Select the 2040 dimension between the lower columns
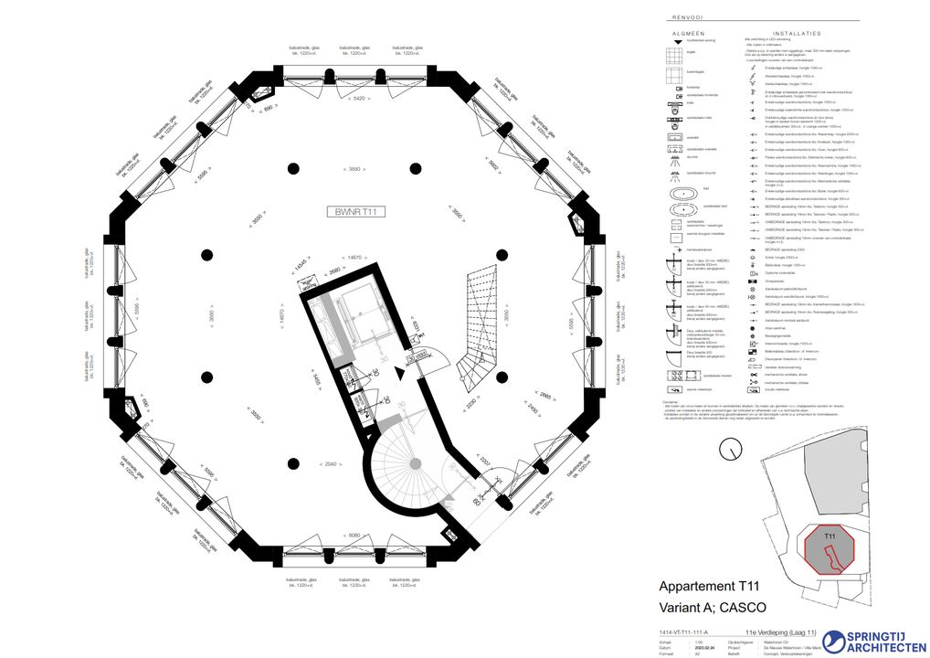[x=335, y=464]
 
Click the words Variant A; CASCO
[x=713, y=608]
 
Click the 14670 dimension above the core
[x=352, y=258]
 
